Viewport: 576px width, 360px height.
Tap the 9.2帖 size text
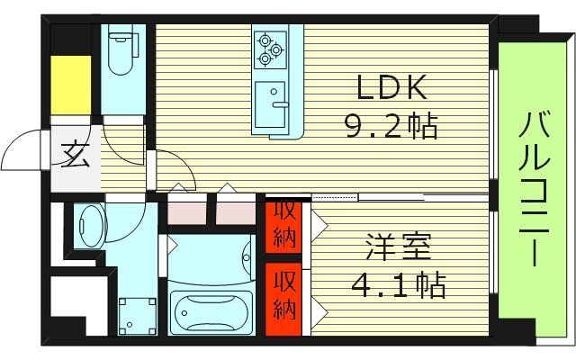(391, 127)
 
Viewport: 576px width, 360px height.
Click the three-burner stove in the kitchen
(269, 49)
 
